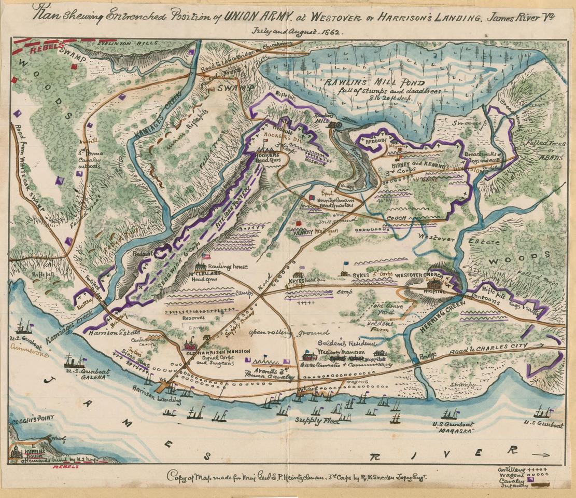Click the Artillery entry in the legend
coord(511,468)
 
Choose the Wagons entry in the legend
coord(510,474)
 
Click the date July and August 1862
coord(298,31)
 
